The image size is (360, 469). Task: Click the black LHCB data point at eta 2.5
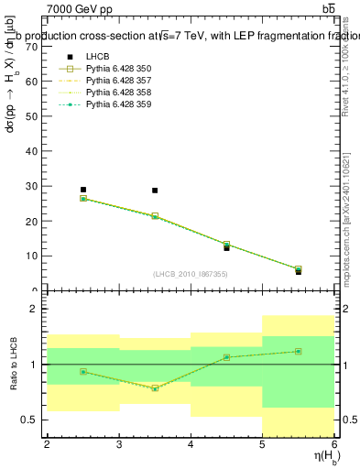pyautogui.click(x=82, y=190)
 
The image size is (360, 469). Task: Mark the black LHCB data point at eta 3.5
pyautogui.click(x=155, y=191)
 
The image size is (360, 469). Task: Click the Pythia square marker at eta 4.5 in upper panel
pyautogui.click(x=226, y=245)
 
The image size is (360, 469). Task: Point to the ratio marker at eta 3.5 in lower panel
pyautogui.click(x=155, y=388)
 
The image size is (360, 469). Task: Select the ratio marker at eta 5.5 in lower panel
pyautogui.click(x=299, y=351)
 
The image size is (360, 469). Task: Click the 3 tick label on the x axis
pyautogui.click(x=119, y=444)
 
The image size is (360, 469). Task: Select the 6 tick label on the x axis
pyautogui.click(x=334, y=444)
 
